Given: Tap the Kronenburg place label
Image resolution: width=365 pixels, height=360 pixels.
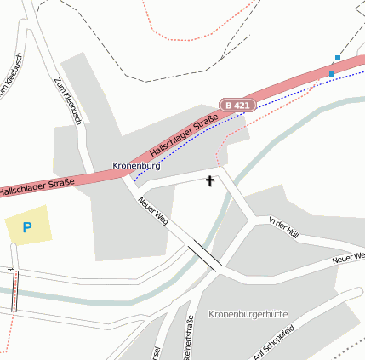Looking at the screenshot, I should tap(136, 165).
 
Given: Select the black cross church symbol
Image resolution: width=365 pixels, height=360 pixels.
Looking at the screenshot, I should tap(210, 180).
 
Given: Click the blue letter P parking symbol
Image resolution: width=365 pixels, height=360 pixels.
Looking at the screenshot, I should tap(26, 227).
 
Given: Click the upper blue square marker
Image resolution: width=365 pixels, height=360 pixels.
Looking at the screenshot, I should tap(338, 58).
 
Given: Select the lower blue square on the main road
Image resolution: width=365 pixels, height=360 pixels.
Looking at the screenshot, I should tap(332, 74).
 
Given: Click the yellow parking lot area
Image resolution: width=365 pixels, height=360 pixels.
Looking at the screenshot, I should tap(28, 227).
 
